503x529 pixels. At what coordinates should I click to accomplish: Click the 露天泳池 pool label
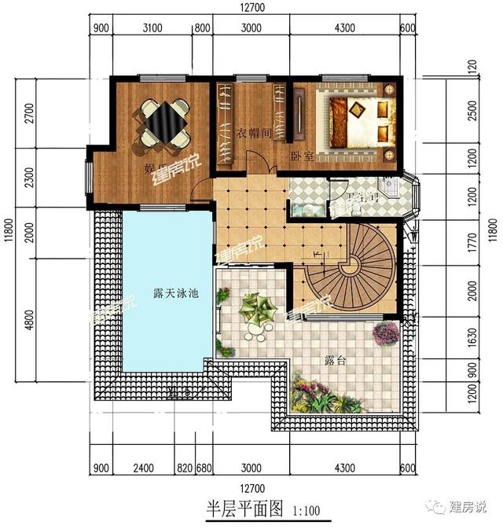point(176,294)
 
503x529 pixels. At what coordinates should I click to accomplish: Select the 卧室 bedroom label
point(303,156)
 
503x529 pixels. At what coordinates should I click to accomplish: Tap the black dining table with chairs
point(165,122)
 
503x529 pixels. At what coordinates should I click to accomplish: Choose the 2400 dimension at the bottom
point(142,469)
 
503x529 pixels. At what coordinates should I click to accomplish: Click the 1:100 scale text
point(307,511)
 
